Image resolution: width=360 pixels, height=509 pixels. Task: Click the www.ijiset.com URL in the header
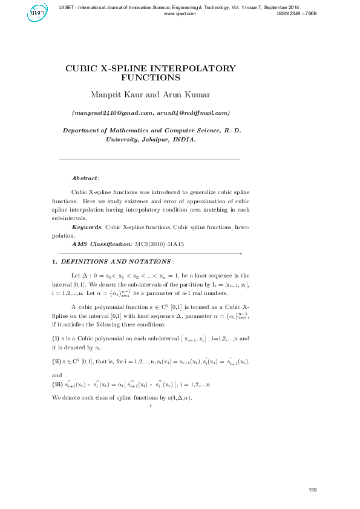[x=180, y=13]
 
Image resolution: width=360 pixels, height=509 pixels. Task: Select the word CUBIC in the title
[x=83, y=68]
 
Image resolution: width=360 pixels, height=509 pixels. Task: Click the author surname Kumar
[x=195, y=95]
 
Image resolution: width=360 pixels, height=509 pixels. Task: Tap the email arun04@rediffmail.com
[x=192, y=113]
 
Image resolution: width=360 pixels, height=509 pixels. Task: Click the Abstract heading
[x=85, y=178]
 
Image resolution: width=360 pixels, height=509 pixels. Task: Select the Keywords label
[x=87, y=227]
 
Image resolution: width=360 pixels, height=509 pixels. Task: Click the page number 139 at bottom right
[x=312, y=489]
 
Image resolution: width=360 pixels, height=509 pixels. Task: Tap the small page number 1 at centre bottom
[x=150, y=406]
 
